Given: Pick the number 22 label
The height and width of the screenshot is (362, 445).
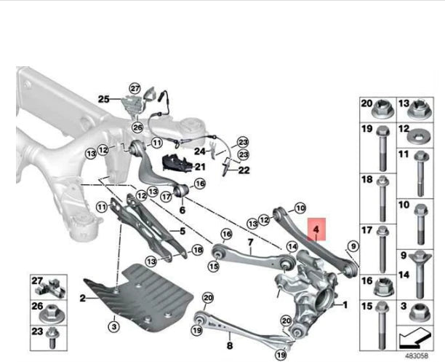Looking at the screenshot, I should pyautogui.click(x=244, y=170).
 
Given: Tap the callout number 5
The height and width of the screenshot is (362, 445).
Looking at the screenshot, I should pyautogui.click(x=183, y=232).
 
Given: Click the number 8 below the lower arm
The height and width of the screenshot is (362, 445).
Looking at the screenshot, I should pyautogui.click(x=229, y=347).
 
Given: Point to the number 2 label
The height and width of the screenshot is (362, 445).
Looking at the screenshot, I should pyautogui.click(x=82, y=299).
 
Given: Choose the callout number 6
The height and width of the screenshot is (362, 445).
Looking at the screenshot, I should pyautogui.click(x=182, y=210).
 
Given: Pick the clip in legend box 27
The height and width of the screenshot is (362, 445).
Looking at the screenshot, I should pyautogui.click(x=53, y=286).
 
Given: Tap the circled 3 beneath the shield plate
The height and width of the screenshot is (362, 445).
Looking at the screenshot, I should pyautogui.click(x=113, y=328).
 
